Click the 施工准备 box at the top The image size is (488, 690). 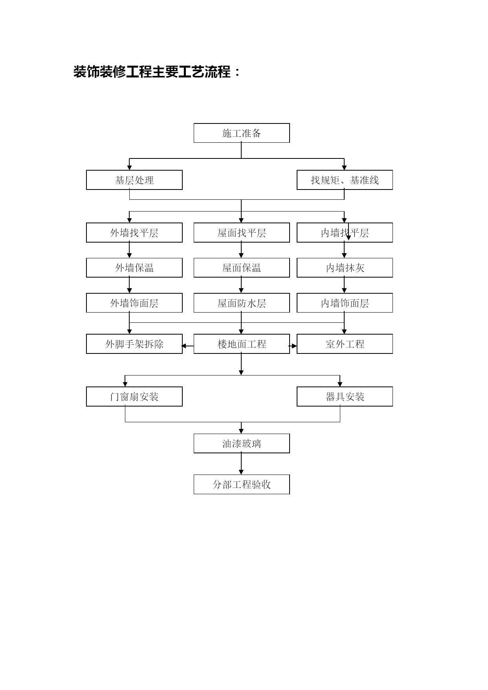242,133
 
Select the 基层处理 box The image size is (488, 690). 134,180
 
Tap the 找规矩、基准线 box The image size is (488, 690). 345,180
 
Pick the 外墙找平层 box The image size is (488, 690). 134,233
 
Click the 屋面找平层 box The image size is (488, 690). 242,233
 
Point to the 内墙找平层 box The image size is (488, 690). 345,233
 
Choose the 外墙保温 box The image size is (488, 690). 134,268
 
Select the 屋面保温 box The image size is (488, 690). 242,268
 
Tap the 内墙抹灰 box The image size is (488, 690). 345,268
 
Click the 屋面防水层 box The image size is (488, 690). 242,303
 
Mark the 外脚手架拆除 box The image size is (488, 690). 134,344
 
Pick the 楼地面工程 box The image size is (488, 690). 242,344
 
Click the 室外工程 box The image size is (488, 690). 345,344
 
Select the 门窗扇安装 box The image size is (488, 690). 134,397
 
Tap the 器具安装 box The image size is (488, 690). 345,397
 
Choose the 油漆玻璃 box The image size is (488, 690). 242,443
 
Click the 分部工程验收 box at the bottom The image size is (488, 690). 242,484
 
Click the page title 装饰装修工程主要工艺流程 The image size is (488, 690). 152,72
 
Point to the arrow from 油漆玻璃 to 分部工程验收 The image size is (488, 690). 241,464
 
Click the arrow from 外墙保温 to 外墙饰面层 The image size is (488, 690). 129,285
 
